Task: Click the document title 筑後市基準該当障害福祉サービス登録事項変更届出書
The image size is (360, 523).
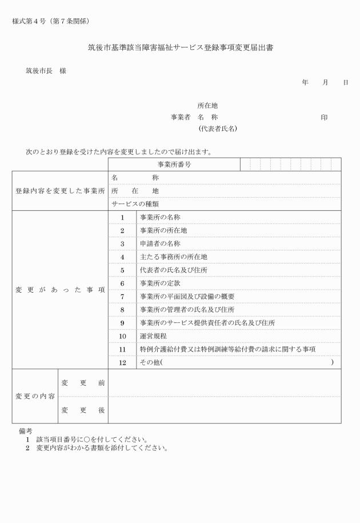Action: pyautogui.click(x=180, y=48)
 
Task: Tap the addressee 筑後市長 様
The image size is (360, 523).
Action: pyautogui.click(x=46, y=71)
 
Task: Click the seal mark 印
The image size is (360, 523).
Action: pyautogui.click(x=324, y=117)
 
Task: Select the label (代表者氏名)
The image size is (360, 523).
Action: pyautogui.click(x=217, y=129)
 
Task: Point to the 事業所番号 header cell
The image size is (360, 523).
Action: pyautogui.click(x=174, y=165)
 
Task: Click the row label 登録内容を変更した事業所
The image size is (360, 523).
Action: pyautogui.click(x=60, y=191)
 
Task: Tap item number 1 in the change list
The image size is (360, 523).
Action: pyautogui.click(x=122, y=218)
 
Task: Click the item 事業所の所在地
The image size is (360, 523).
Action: pyautogui.click(x=163, y=230)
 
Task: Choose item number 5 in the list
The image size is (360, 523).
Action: pyautogui.click(x=122, y=270)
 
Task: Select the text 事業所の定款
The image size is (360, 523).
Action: pyautogui.click(x=159, y=283)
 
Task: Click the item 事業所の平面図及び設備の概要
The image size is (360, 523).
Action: pyautogui.click(x=187, y=297)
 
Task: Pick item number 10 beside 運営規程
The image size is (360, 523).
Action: pyautogui.click(x=122, y=336)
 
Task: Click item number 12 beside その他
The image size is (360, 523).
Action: pyautogui.click(x=122, y=362)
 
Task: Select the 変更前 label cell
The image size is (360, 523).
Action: pyautogui.click(x=83, y=382)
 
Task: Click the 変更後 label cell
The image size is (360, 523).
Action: pyautogui.click(x=83, y=410)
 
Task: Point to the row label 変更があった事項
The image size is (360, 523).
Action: pyautogui.click(x=60, y=290)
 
